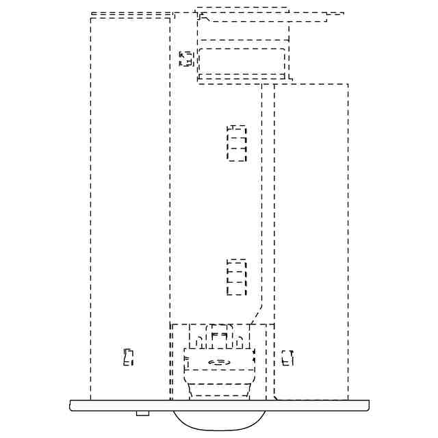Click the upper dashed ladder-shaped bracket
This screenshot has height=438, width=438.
[x=237, y=143]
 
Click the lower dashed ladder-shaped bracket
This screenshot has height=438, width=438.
[x=237, y=277]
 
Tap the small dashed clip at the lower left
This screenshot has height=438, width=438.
[x=128, y=357]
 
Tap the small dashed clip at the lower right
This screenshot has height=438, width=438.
[x=287, y=357]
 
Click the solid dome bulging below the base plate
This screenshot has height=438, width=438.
[x=219, y=420]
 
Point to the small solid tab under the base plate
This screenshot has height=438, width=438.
[x=142, y=413]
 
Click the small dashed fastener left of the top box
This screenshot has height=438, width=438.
[x=185, y=59]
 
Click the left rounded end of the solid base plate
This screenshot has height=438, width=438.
[x=72, y=405]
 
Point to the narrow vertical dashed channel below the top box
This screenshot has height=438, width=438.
[x=268, y=198]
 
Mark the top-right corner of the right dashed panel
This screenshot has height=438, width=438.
[x=348, y=85]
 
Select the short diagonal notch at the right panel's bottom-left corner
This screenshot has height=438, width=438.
[x=276, y=397]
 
